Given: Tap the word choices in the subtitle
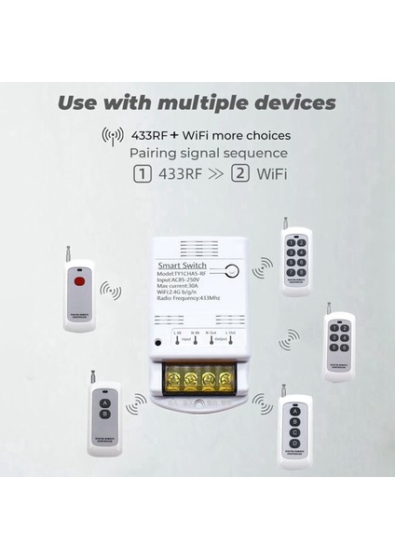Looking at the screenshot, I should click(272, 136).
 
